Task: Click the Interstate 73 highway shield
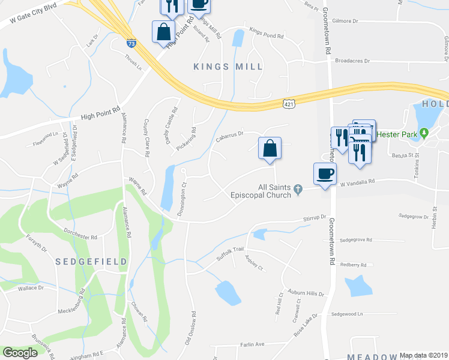tap(131, 43)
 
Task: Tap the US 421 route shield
tap(289, 104)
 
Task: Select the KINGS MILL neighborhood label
tap(229, 67)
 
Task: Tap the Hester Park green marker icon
tap(424, 133)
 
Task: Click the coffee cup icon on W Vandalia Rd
tap(325, 174)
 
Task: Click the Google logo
tap(20, 352)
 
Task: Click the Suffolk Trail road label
tap(231, 253)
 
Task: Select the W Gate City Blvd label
tap(32, 14)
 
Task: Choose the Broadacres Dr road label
tap(352, 61)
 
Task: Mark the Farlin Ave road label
tap(252, 344)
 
